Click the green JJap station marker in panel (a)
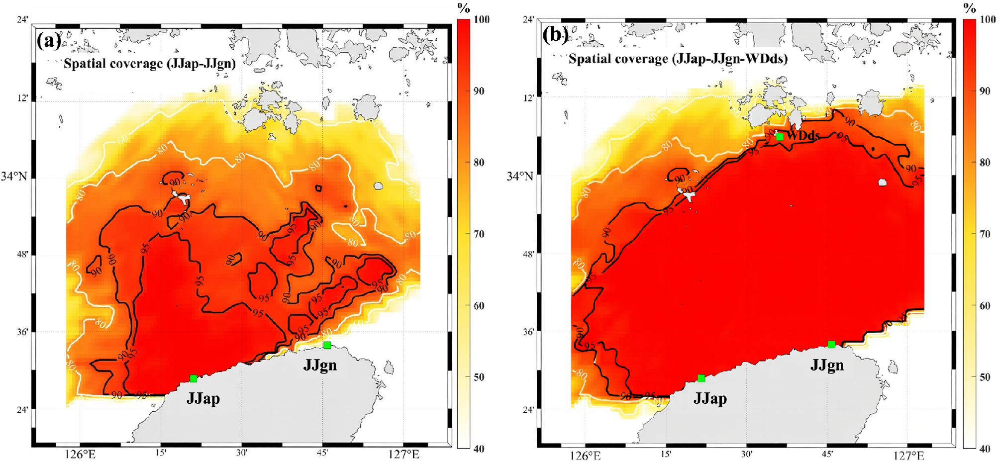pyautogui.click(x=194, y=378)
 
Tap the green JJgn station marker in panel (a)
pyautogui.click(x=327, y=345)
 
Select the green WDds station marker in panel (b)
pyautogui.click(x=780, y=136)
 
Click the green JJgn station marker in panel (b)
pyautogui.click(x=831, y=344)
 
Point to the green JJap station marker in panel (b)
pyautogui.click(x=701, y=378)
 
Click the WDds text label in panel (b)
pyautogui.click(x=803, y=135)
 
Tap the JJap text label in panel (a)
pyautogui.click(x=203, y=398)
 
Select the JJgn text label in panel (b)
pyautogui.click(x=827, y=365)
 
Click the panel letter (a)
pyautogui.click(x=49, y=40)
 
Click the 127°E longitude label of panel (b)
pyautogui.click(x=910, y=455)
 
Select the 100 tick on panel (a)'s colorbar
pyautogui.click(x=481, y=19)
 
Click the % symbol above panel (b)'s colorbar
pyautogui.click(x=970, y=8)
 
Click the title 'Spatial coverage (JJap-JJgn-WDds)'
pyautogui.click(x=678, y=59)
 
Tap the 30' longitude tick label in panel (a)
pyautogui.click(x=242, y=453)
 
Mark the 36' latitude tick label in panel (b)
pyautogui.click(x=528, y=332)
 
